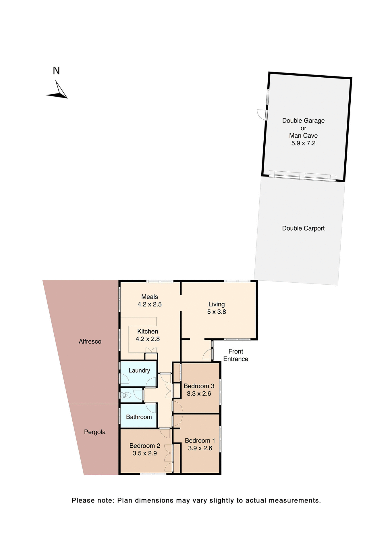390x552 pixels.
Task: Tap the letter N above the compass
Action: click(x=56, y=71)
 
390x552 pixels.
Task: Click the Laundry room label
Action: click(x=139, y=370)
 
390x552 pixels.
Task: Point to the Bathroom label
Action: click(x=139, y=417)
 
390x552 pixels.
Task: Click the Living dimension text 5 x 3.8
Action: click(x=217, y=312)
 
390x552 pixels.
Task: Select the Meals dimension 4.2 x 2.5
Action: click(x=149, y=304)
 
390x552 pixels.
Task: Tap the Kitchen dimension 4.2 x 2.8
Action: click(x=148, y=339)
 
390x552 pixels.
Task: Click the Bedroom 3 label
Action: click(x=199, y=386)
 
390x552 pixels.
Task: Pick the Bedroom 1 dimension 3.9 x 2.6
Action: click(x=200, y=448)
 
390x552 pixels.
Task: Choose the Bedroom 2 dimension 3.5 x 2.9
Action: click(x=144, y=453)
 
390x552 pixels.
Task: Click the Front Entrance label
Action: click(x=235, y=355)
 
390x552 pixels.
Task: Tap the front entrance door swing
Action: click(x=207, y=354)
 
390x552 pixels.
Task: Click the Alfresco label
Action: click(x=90, y=342)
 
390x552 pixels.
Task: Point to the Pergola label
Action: click(x=95, y=432)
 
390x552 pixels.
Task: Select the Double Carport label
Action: click(x=303, y=228)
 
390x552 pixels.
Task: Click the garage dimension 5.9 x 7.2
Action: click(x=303, y=143)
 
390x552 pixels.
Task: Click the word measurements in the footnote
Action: click(x=295, y=500)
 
